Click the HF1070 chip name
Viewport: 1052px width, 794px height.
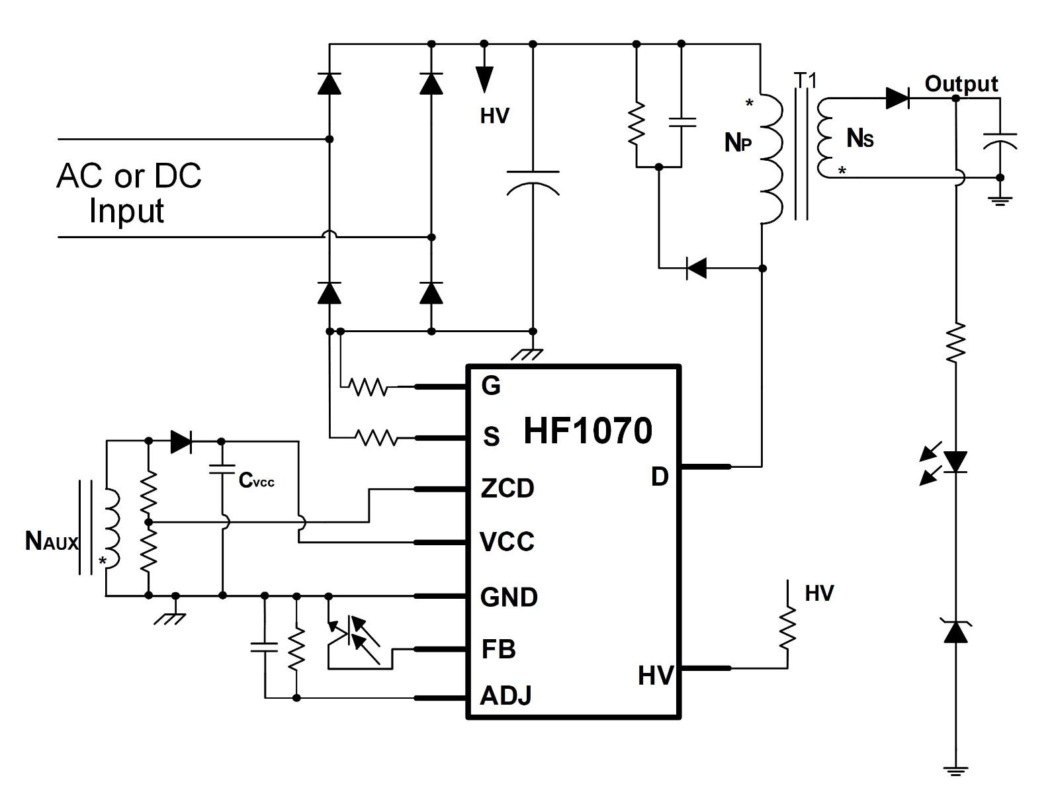pyautogui.click(x=588, y=431)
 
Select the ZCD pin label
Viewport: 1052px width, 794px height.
pyautogui.click(x=507, y=488)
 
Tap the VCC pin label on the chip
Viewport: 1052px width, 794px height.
pyautogui.click(x=507, y=542)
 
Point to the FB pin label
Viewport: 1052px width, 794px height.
pyautogui.click(x=498, y=649)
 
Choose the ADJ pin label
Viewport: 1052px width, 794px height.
pyautogui.click(x=506, y=696)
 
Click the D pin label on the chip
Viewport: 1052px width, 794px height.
pyautogui.click(x=660, y=476)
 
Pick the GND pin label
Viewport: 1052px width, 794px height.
pyautogui.click(x=509, y=597)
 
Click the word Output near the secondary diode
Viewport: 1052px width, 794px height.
pyautogui.click(x=961, y=84)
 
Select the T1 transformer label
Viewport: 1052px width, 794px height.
pyautogui.click(x=805, y=81)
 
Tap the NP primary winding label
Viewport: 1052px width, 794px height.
pyautogui.click(x=738, y=142)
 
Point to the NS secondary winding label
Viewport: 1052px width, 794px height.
pyautogui.click(x=860, y=138)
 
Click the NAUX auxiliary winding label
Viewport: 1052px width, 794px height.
pyautogui.click(x=52, y=541)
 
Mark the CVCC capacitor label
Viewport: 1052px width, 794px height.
pyautogui.click(x=256, y=480)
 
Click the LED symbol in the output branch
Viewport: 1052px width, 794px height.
pyautogui.click(x=955, y=462)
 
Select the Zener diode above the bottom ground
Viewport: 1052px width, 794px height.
pyautogui.click(x=955, y=631)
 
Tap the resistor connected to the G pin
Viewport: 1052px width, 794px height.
pyautogui.click(x=368, y=386)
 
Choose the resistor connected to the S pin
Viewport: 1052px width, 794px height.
pyautogui.click(x=376, y=437)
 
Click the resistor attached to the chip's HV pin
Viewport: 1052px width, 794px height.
pyautogui.click(x=787, y=628)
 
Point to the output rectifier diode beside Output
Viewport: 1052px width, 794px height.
pyautogui.click(x=898, y=99)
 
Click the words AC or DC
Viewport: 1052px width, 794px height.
pyautogui.click(x=129, y=175)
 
